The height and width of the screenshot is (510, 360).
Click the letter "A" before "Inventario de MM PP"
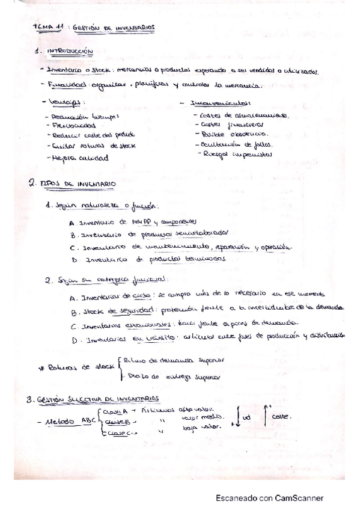click(x=73, y=222)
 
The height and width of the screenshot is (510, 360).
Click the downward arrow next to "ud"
click(x=234, y=419)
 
